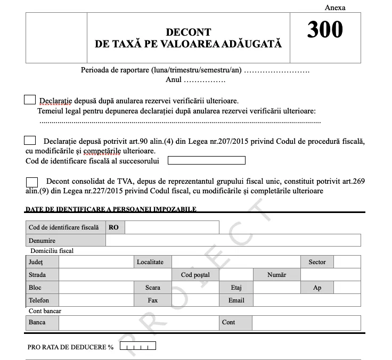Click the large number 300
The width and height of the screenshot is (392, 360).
325,30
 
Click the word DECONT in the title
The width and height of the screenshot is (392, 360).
188,32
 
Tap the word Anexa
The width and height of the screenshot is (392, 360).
335,7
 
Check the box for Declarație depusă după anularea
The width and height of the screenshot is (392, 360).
30,100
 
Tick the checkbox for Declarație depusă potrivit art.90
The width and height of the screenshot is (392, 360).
30,141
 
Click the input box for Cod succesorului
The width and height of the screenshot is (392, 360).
206,160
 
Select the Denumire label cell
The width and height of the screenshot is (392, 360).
66,241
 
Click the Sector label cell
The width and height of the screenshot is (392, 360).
317,262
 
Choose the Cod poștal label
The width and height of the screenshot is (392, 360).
195,275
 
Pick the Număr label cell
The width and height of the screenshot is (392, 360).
277,275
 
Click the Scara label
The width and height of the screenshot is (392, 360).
153,288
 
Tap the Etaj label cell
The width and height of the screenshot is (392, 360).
236,288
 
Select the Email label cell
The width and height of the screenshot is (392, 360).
236,300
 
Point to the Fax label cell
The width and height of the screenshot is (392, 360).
153,300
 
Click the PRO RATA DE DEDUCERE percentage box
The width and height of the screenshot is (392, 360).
138,347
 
